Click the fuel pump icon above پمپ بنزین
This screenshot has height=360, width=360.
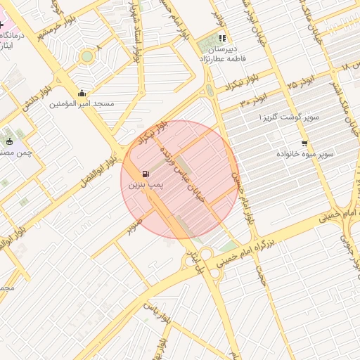click(x=146, y=174)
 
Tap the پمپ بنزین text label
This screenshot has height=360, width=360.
click(x=146, y=185)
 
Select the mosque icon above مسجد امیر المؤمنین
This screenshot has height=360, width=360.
click(x=82, y=93)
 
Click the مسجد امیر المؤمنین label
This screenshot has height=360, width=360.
click(x=82, y=103)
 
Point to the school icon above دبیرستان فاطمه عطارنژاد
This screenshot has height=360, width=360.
click(x=223, y=39)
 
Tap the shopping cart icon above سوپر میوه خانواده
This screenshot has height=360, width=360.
click(x=304, y=143)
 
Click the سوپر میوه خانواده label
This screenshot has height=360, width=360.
click(x=304, y=153)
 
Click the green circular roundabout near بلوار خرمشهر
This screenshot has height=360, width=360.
click(x=87, y=56)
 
